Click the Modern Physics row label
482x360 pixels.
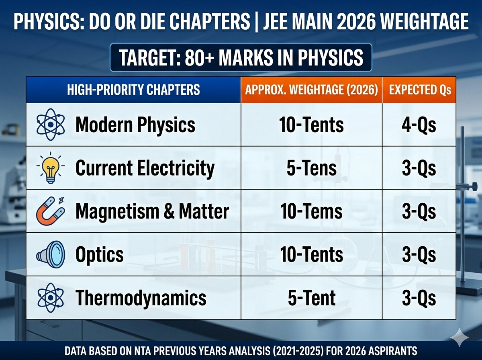[x=135, y=125]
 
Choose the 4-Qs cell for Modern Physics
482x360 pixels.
[x=419, y=125]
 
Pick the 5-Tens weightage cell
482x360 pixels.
[x=311, y=168]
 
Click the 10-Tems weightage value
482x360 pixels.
[x=311, y=211]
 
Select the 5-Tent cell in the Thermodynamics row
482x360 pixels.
[x=311, y=298]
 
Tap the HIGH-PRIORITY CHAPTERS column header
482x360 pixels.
[x=133, y=89]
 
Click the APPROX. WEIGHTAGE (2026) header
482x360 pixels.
[x=311, y=89]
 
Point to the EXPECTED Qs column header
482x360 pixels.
[x=419, y=89]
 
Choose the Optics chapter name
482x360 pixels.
[x=99, y=255]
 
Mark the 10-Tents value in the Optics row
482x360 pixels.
[x=311, y=255]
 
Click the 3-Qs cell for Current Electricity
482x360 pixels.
[x=419, y=168]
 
